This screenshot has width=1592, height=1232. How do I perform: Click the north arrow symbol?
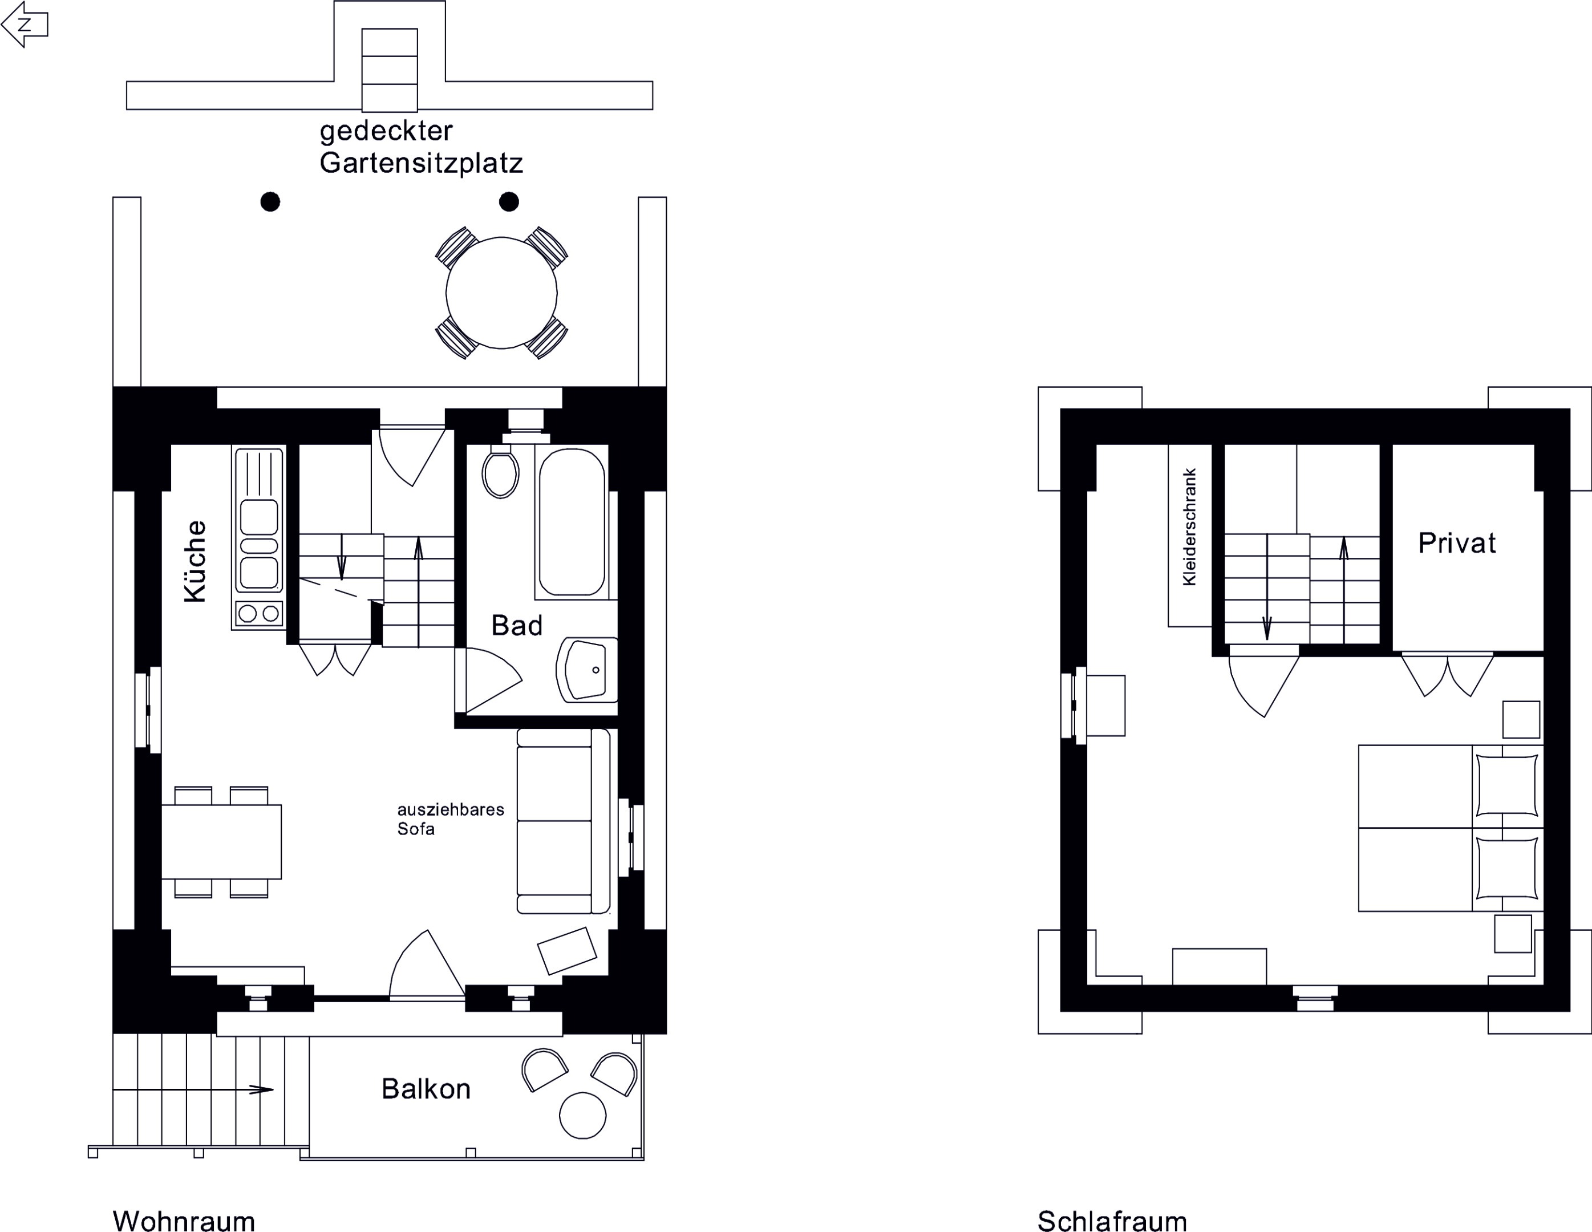25,24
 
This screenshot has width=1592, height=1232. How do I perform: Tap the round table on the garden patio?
501,293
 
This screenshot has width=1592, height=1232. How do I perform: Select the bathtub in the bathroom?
572,522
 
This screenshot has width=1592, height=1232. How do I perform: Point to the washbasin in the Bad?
588,670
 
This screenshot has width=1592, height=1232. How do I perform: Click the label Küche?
195,561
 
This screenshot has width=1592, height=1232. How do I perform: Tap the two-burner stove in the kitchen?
259,613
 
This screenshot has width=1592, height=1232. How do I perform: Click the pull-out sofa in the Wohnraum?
564,821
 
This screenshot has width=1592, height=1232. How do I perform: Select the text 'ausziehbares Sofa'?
451,818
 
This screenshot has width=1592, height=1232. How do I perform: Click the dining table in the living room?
221,841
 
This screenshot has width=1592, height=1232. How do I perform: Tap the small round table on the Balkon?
582,1116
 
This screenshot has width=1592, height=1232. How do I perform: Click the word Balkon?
426,1089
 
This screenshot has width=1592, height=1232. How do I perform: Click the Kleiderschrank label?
1190,526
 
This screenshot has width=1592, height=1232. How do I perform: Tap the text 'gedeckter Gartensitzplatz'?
422,147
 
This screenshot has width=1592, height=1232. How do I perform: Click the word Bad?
517,626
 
